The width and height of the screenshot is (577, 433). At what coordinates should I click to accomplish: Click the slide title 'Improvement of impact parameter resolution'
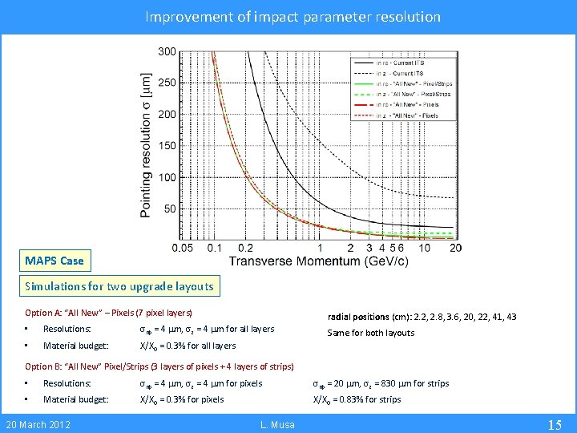[293, 16]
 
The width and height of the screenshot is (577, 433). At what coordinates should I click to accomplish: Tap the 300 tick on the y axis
[167, 52]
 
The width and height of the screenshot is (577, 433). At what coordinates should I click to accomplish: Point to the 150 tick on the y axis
[167, 146]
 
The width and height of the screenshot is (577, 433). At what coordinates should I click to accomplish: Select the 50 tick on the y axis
[170, 208]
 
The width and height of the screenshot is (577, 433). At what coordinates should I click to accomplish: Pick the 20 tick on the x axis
[455, 249]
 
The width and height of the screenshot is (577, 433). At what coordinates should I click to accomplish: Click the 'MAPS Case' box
[54, 261]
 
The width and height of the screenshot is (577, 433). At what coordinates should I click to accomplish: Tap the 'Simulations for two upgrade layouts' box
[119, 286]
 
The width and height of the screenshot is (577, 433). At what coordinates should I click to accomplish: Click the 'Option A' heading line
[108, 313]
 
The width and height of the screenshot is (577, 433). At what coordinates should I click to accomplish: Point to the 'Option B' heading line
[159, 366]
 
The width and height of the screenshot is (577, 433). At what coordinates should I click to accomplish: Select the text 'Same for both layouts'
[370, 333]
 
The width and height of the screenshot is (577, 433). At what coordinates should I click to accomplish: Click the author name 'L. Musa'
[277, 424]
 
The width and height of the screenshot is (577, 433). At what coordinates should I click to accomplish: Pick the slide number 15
[554, 424]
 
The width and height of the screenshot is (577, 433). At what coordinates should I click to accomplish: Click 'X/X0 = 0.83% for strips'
[357, 399]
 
